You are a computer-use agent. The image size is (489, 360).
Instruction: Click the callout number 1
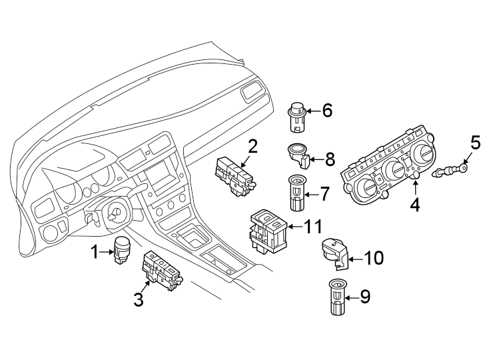(95, 252)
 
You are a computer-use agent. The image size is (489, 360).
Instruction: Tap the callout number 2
(252, 145)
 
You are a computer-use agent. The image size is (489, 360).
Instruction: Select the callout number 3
(138, 300)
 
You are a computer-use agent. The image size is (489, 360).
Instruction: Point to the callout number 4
(414, 205)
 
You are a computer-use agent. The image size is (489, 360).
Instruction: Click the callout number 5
(475, 142)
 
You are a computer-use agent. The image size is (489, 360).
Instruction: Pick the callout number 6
(327, 111)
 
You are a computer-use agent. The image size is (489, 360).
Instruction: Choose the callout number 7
(324, 194)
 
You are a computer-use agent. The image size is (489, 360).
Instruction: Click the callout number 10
(374, 257)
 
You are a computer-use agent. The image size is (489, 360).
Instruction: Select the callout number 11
(313, 227)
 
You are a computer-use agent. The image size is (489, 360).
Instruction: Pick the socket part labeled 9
(338, 297)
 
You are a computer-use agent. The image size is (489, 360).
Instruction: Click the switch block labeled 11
(269, 230)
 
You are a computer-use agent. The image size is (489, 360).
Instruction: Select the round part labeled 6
(297, 117)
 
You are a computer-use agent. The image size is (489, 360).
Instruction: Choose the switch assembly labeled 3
(162, 272)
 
